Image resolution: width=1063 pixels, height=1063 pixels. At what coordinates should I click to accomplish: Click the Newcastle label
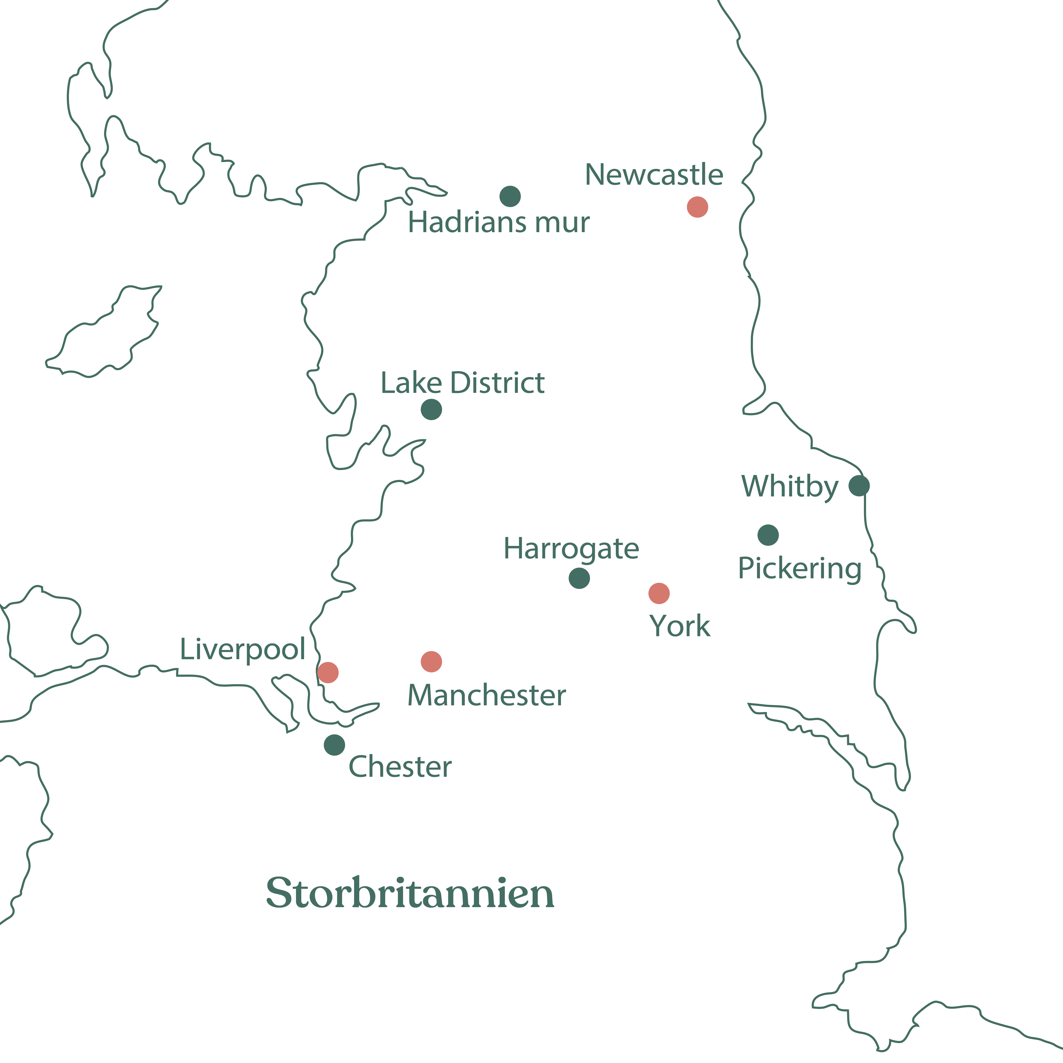(x=654, y=175)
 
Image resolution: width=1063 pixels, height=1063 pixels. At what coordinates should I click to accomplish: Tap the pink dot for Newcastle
(x=697, y=207)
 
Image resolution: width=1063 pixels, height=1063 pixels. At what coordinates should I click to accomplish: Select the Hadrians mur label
(x=498, y=223)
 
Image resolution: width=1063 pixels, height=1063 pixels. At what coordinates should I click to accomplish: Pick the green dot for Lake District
(x=431, y=409)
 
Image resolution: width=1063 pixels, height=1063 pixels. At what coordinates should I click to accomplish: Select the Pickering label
(x=799, y=569)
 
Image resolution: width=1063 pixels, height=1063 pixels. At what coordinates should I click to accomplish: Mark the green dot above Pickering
(x=768, y=535)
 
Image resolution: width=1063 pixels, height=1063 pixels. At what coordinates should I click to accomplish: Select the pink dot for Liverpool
(x=328, y=672)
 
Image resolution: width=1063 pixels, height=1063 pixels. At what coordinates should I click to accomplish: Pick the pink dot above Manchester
(x=431, y=661)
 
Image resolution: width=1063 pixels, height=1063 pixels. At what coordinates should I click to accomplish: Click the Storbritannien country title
(x=410, y=893)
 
